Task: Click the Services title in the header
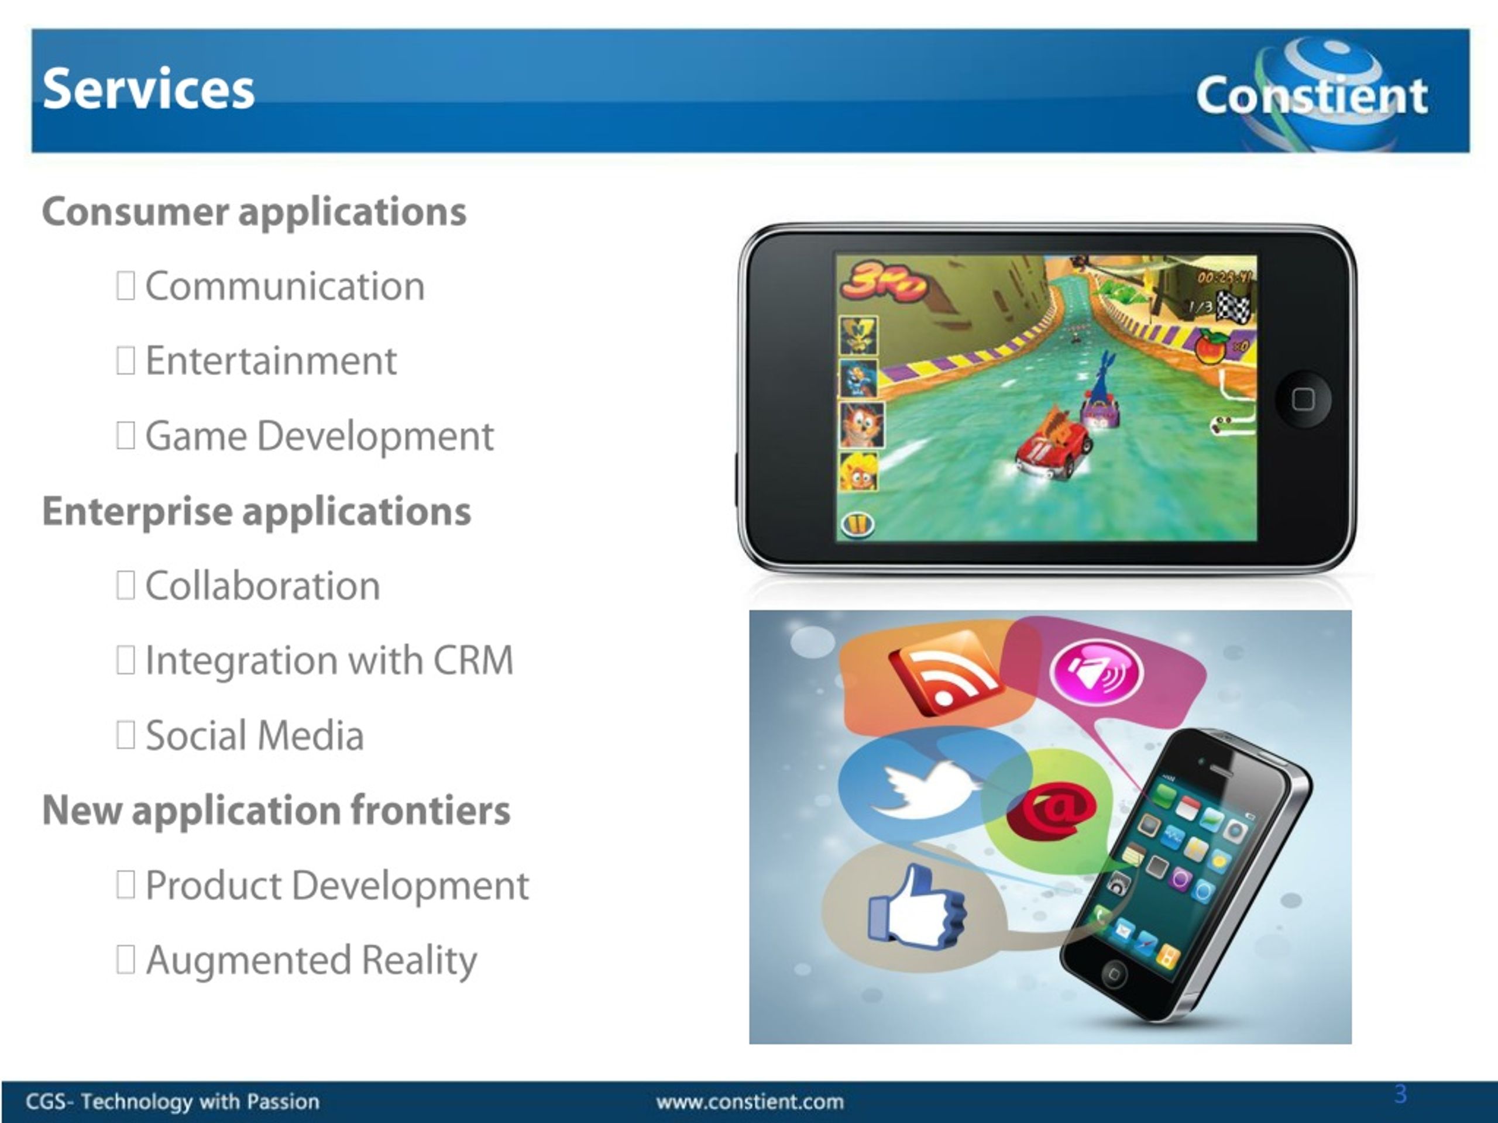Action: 148,89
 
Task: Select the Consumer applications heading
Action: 254,212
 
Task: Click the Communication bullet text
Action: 285,285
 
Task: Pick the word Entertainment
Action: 271,360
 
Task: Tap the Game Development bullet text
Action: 319,436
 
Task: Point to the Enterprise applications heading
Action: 256,511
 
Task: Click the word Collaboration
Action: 263,585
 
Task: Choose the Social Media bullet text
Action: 255,735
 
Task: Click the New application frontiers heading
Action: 276,810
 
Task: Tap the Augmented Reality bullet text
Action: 311,960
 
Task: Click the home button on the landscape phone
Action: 1303,399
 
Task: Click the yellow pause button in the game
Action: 857,523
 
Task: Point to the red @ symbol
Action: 1051,810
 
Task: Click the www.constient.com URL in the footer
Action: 750,1101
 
